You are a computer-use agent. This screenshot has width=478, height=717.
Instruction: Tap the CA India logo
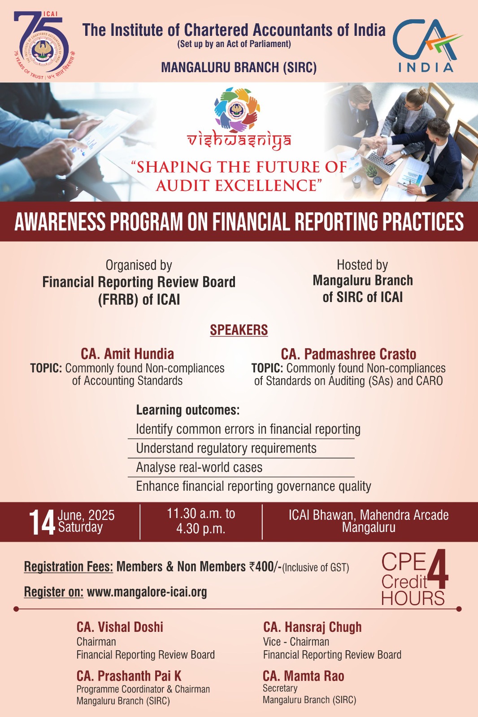427,45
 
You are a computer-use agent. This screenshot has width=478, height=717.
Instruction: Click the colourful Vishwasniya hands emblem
237,109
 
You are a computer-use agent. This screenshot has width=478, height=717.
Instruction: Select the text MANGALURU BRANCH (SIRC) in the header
239,67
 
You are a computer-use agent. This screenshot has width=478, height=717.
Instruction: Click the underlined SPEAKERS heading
239,330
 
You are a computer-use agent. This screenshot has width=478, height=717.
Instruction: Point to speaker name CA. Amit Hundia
127,354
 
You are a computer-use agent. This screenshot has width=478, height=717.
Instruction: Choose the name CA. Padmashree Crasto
348,354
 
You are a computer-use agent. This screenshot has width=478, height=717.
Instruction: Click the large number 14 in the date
42,523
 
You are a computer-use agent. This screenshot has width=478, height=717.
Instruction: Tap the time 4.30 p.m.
201,528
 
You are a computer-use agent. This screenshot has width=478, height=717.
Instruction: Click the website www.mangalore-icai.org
147,592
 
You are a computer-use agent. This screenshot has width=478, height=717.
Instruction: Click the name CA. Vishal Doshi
120,627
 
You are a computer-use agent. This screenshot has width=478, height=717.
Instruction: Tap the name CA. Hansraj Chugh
313,627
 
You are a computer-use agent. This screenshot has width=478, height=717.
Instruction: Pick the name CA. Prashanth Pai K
129,676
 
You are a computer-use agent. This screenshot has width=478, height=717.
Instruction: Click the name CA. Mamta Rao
304,676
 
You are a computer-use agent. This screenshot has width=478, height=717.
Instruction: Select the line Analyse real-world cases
199,467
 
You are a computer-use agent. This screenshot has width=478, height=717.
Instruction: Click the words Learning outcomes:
188,410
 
